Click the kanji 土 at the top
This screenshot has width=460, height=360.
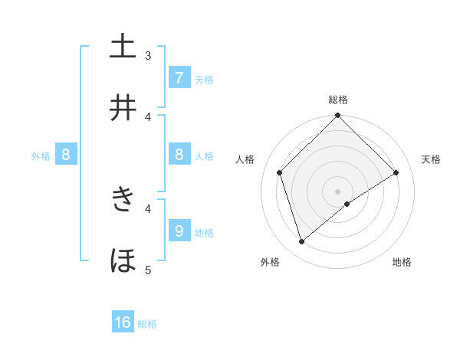[x=123, y=47]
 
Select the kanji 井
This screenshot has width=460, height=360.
[x=123, y=108]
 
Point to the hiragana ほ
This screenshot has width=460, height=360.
[x=123, y=261]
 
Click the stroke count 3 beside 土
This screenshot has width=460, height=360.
[x=148, y=55]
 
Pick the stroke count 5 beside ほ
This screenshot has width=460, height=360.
[x=148, y=270]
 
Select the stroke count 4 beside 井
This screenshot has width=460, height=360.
[x=148, y=116]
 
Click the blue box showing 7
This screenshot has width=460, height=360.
[x=179, y=78]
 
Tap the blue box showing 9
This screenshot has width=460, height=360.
[x=179, y=231]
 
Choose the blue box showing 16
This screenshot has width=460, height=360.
[x=123, y=322]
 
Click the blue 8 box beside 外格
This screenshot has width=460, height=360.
[x=66, y=155]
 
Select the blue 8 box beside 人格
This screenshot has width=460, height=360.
[x=179, y=155]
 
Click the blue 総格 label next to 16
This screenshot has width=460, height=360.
[x=147, y=324]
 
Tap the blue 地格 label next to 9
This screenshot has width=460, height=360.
[x=204, y=233]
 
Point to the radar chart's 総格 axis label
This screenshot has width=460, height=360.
[x=338, y=100]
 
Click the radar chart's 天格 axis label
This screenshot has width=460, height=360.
[x=432, y=159]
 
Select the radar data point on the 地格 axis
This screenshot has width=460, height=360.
[x=347, y=204]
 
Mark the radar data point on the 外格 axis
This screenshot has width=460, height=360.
[x=302, y=241]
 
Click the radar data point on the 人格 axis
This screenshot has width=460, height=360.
[x=280, y=172]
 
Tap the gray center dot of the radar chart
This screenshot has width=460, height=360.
[x=338, y=191]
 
